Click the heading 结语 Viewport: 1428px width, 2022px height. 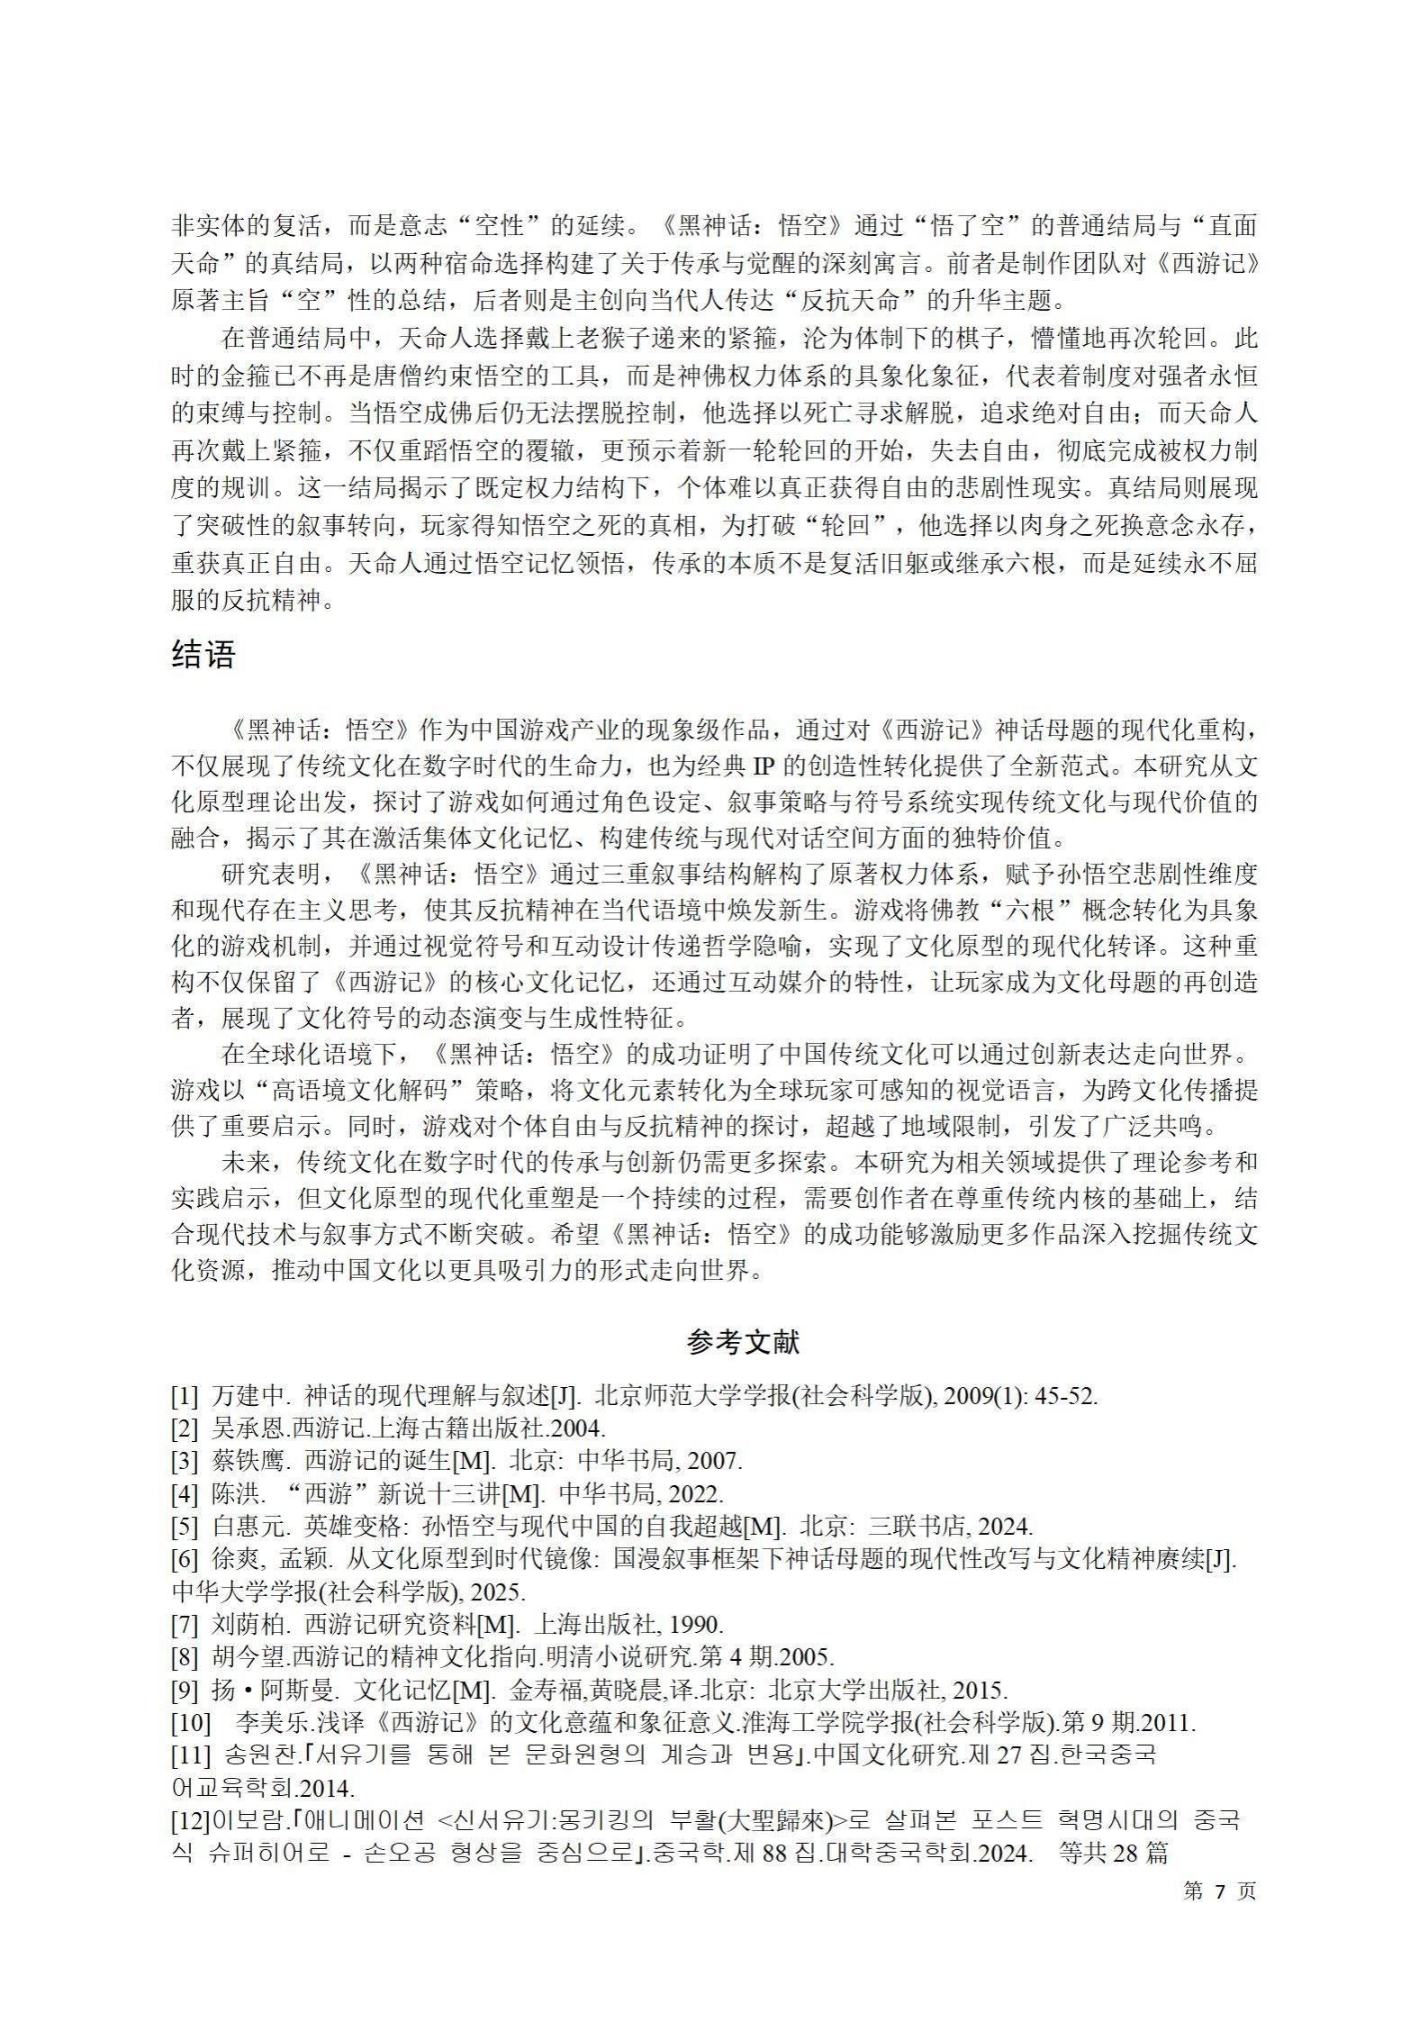pos(203,656)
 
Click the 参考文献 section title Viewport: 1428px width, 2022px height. pos(743,1343)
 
